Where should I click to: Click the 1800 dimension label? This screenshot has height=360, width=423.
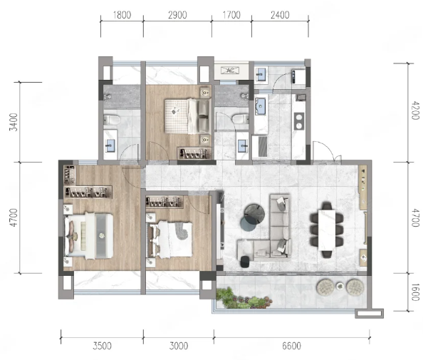point(122,15)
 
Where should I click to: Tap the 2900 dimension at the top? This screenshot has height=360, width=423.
point(177,15)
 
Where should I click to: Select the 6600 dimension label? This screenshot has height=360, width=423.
point(291,346)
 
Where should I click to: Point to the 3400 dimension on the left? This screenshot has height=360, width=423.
point(14,122)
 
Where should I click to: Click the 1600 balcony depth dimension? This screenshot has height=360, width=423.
point(415,292)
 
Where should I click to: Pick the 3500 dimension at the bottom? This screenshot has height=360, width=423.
point(102,346)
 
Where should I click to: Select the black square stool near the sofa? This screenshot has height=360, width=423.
point(245,262)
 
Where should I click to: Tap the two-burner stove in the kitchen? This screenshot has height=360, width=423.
point(299,121)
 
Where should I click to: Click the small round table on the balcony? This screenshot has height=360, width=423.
point(340,285)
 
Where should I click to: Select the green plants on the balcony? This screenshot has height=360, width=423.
point(243,299)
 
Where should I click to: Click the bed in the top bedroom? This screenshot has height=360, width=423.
point(187,116)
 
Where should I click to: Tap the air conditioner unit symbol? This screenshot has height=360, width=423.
point(230,71)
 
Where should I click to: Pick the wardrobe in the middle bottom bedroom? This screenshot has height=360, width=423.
point(164,202)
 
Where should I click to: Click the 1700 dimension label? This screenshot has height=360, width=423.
point(231,15)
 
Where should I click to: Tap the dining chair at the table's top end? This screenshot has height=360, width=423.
point(327,207)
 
